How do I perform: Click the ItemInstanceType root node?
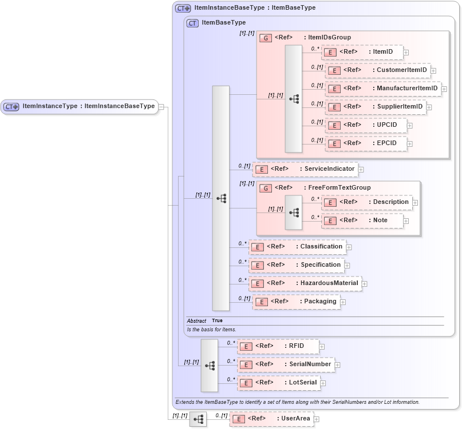(x=80, y=106)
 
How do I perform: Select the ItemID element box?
(x=362, y=52)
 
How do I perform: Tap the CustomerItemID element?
(x=378, y=70)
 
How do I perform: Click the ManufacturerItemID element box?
(x=383, y=89)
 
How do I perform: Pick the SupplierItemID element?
(x=376, y=107)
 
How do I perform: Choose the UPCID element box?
(x=366, y=125)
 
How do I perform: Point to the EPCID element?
(x=366, y=143)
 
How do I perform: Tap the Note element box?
(x=362, y=220)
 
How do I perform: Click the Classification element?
(x=298, y=247)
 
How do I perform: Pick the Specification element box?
(x=297, y=265)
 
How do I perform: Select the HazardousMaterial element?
(x=305, y=283)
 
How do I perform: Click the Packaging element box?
(x=296, y=302)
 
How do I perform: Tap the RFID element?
(x=278, y=346)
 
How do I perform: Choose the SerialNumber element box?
(x=286, y=364)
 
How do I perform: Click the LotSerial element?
(x=279, y=383)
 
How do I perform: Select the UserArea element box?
(x=271, y=419)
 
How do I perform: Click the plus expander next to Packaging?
(x=343, y=302)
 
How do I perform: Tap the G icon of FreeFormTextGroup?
(x=266, y=188)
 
